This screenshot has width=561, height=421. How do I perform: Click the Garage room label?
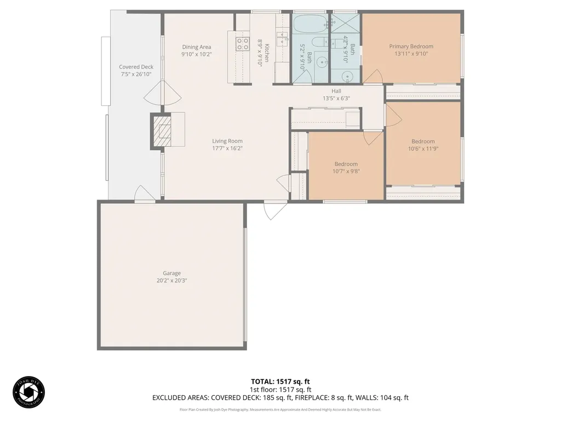pos(171,273)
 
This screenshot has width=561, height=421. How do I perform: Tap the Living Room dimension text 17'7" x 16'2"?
pos(227,149)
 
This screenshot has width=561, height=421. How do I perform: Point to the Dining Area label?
pos(197,47)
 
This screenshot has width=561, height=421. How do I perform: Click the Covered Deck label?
pos(136,67)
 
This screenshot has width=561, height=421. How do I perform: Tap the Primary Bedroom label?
pos(411,47)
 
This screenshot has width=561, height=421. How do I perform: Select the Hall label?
pos(336,91)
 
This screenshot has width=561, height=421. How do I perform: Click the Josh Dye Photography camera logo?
pos(28,392)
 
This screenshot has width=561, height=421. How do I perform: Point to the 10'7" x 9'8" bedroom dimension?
pos(346,171)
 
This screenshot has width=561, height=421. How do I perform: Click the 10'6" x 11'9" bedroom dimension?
pos(423,149)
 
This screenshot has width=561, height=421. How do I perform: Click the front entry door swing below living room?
pos(274,209)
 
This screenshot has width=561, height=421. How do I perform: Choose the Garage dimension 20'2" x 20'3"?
pos(171,281)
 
